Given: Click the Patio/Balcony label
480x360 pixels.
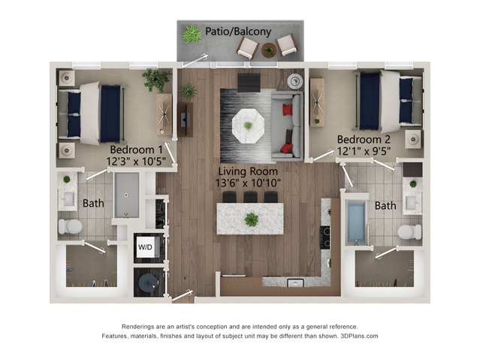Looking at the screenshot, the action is click(x=238, y=32).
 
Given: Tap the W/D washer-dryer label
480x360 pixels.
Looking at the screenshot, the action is click(x=145, y=247).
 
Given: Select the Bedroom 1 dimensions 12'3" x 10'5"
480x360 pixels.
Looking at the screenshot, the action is click(x=136, y=161).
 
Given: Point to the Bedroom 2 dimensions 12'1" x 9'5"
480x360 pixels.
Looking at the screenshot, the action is click(x=364, y=151).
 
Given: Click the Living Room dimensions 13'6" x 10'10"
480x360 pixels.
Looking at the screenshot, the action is click(x=248, y=183).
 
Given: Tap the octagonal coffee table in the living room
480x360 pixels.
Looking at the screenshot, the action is click(x=248, y=126).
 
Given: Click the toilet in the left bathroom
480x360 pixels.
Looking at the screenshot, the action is click(x=70, y=226).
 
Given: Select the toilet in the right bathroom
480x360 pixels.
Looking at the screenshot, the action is click(x=409, y=232).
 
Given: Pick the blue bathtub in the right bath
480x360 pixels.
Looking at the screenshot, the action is click(x=356, y=221).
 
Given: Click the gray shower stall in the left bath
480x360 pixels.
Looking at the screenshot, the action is click(x=127, y=195).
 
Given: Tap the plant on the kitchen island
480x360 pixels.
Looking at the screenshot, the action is click(x=252, y=219).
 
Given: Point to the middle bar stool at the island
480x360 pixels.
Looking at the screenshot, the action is click(x=250, y=197).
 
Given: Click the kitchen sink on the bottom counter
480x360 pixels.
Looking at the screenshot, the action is click(x=295, y=283).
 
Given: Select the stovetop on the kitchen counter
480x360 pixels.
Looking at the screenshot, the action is click(x=325, y=237).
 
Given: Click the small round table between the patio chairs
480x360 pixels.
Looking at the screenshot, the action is click(x=269, y=50).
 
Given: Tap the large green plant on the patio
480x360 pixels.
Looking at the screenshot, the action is click(x=192, y=35).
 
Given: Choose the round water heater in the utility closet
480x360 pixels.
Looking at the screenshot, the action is click(x=148, y=283).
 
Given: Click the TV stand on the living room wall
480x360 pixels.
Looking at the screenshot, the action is click(x=186, y=119).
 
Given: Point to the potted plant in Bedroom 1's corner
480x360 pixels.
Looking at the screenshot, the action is click(x=156, y=80).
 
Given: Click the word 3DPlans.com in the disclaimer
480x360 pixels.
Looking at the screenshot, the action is click(x=359, y=336).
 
